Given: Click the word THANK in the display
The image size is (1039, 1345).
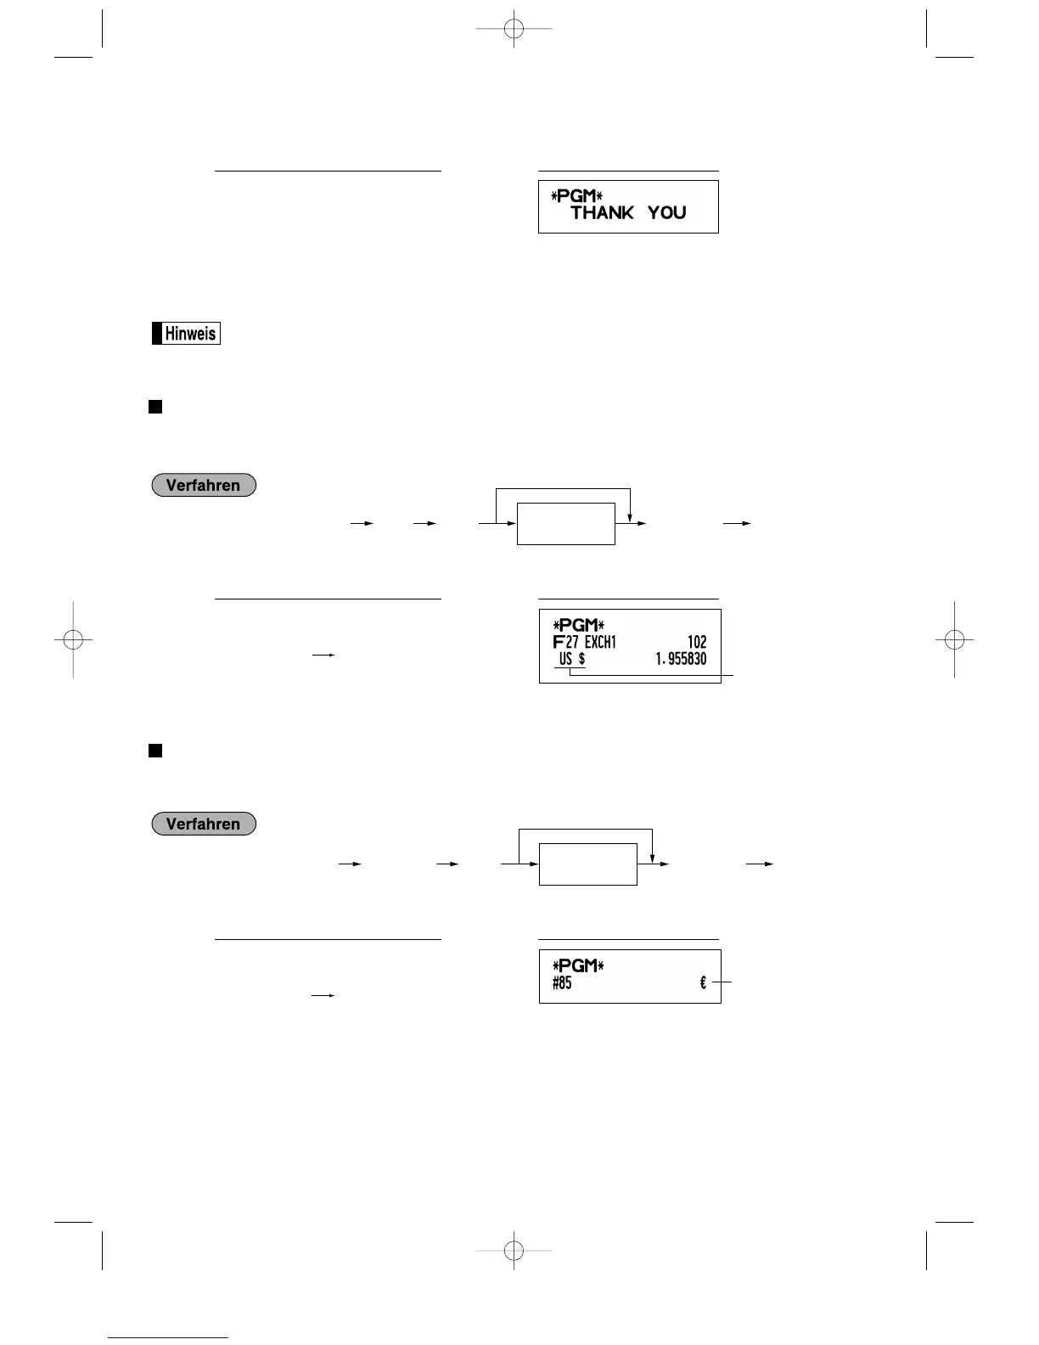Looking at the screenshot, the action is coord(602,213).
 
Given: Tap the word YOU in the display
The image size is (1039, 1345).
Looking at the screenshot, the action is coord(666,213).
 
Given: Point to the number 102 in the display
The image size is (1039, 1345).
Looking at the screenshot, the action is coord(696,643).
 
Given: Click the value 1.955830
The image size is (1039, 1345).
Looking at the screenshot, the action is coord(681,660).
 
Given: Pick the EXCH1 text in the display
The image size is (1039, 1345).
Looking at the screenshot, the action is coord(600,643).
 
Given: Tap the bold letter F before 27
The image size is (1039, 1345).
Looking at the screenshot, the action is coord(558,643).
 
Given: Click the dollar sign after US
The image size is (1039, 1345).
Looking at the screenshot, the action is coord(581,660).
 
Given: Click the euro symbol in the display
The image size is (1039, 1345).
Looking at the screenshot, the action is coord(703,983).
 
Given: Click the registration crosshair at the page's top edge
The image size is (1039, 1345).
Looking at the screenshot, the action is coord(514,29).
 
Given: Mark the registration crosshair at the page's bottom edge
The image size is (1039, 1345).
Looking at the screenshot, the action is coord(514,1250).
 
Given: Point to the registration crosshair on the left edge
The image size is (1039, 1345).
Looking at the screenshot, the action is coord(73,639).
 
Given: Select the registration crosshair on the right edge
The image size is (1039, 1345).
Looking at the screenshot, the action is coord(954,639).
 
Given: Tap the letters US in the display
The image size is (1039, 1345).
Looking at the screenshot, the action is coord(565,660).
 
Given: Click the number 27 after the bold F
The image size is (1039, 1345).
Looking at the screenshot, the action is coord(572,643).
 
